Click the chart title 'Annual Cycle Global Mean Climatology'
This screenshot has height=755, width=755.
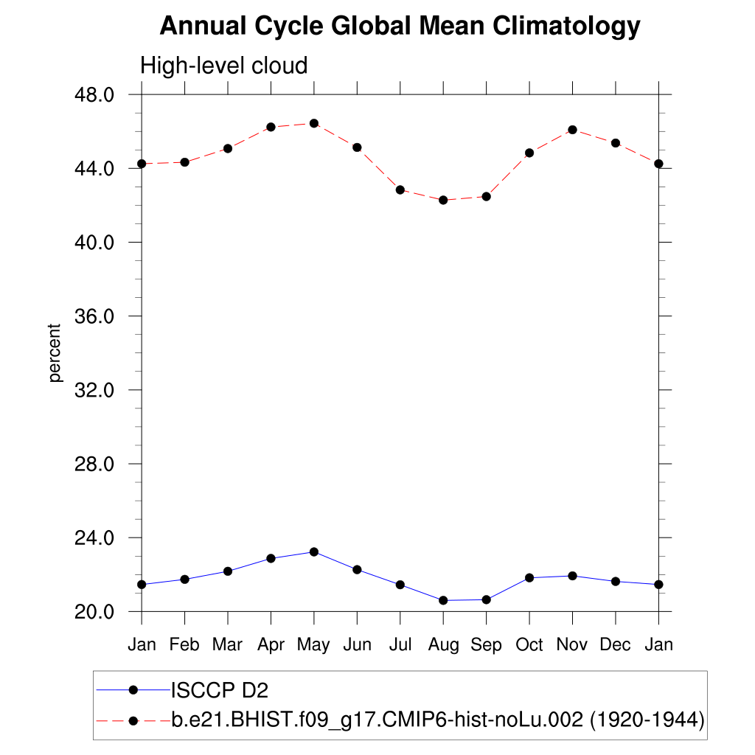(x=400, y=27)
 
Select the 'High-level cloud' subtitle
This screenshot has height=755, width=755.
(x=223, y=66)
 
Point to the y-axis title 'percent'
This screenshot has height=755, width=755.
(x=55, y=353)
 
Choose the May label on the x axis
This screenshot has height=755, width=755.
(x=313, y=645)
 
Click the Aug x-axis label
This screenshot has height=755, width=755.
(x=443, y=645)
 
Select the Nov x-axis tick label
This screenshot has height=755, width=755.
(x=572, y=645)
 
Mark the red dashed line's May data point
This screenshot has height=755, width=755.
(x=314, y=123)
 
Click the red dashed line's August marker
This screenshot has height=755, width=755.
(x=443, y=200)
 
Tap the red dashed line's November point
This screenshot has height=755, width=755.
(x=572, y=130)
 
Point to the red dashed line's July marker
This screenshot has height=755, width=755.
(x=400, y=189)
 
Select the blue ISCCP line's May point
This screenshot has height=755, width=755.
(x=314, y=552)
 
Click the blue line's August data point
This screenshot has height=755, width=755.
(x=443, y=600)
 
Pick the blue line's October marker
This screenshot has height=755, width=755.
(x=529, y=577)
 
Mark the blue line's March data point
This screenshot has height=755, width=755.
(x=228, y=571)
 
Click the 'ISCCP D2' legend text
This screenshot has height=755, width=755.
(x=220, y=691)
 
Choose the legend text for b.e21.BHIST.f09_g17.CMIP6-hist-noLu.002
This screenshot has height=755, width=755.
(x=438, y=719)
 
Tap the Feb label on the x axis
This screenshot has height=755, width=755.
(x=184, y=645)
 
